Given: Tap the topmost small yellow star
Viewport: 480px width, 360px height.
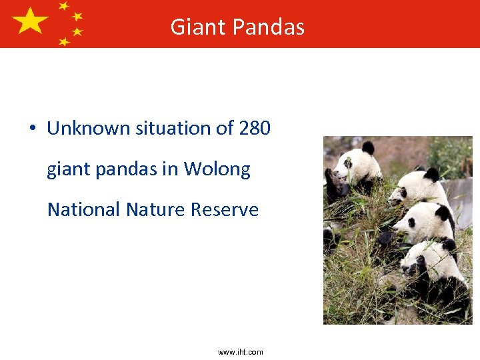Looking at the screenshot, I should tap(64, 6).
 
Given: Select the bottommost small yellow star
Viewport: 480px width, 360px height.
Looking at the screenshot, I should tap(64, 41).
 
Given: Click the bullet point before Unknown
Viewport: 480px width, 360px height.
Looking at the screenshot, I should tap(33, 129).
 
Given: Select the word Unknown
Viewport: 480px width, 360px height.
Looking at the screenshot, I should tap(89, 128).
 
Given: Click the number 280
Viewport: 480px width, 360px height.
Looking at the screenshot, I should tap(254, 128).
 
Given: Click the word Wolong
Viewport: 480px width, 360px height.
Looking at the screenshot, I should tap(217, 169).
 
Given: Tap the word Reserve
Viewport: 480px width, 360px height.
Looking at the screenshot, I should tap(225, 209).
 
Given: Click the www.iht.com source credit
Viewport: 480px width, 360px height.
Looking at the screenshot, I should tap(240, 352).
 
